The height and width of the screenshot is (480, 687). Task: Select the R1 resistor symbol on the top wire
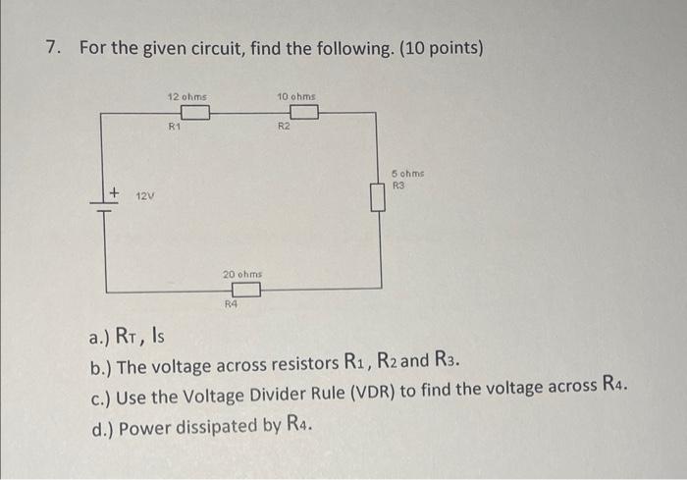[194, 113]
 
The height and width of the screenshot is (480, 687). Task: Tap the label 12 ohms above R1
[186, 97]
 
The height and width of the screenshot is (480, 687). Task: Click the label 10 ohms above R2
[296, 97]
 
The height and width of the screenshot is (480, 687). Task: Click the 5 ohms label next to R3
[405, 173]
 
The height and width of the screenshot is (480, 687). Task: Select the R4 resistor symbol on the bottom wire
[245, 290]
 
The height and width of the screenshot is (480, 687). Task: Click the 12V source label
[144, 196]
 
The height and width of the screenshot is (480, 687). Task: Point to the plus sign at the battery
[114, 192]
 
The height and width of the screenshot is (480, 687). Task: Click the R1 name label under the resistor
[174, 127]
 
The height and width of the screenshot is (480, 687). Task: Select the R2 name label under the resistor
[283, 127]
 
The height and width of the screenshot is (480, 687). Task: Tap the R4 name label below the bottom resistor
[232, 305]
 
